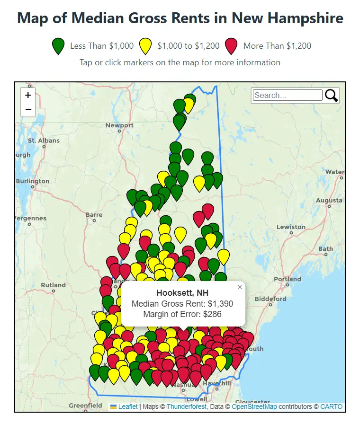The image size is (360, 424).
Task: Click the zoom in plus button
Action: pos(28,95)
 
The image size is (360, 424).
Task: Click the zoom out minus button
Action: pos(28,109)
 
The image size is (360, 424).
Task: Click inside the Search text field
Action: pos(288,95)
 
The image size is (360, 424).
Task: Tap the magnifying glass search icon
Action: pos(331,95)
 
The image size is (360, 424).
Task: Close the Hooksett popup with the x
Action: pos(240,287)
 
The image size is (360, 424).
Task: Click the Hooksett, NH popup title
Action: pos(182,293)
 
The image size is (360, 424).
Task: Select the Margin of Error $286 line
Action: pos(182,314)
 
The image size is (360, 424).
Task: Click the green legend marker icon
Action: pos(58,46)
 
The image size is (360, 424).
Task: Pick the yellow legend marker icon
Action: pos(145,46)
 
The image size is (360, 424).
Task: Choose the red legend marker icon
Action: pos(231,46)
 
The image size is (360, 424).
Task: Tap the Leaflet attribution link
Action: pos(128,406)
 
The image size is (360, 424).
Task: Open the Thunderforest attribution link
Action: pos(186,406)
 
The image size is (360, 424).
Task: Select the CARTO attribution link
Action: pos(331,406)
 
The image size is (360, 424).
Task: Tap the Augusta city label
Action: pos(328,200)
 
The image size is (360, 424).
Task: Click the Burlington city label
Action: pos(33,181)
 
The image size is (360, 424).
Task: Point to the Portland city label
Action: pos(287,279)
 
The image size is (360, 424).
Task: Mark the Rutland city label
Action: pos(53,285)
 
